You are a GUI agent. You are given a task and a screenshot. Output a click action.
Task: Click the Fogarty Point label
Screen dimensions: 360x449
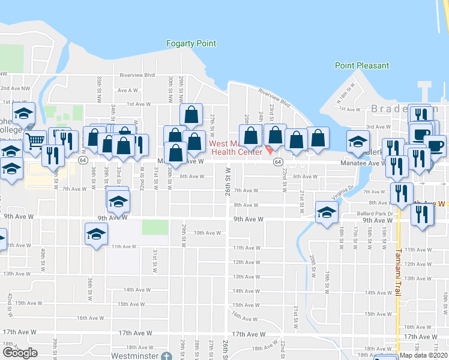pos(190,43)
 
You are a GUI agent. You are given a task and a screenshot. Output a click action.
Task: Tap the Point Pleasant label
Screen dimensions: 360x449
pos(361,65)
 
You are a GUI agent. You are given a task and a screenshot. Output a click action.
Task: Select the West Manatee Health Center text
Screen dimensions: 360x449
pos(235,147)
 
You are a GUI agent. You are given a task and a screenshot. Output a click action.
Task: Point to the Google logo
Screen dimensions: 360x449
pos(20,353)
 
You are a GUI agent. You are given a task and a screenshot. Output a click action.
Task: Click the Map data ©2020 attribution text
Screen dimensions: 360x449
pos(423,355)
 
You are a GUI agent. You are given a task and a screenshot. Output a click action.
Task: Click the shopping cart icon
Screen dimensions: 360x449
pos(35,141)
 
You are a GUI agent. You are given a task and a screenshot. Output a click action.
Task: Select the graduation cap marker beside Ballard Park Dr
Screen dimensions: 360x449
pos(327,212)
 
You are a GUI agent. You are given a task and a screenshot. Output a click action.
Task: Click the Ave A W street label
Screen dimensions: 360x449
pos(128,91)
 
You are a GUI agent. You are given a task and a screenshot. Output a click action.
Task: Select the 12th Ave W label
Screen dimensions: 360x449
pos(246,262)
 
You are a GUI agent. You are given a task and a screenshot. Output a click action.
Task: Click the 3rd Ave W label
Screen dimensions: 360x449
pos(378,127)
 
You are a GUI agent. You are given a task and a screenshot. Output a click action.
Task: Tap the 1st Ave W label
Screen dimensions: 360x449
pos(139,104)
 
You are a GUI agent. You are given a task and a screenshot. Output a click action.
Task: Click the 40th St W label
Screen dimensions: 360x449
pos(42,257)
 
